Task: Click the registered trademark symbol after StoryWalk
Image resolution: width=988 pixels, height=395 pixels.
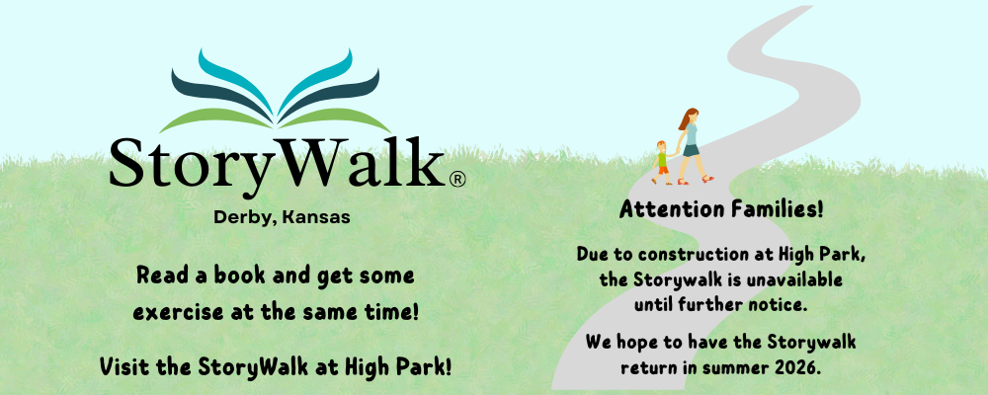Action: coord(457,180)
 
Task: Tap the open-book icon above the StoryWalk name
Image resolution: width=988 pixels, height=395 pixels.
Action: coord(276,94)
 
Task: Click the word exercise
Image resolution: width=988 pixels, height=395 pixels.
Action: coord(173,312)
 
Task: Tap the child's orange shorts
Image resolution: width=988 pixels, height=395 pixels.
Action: coord(663,169)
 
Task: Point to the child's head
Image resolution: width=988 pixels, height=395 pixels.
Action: coord(661,146)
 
